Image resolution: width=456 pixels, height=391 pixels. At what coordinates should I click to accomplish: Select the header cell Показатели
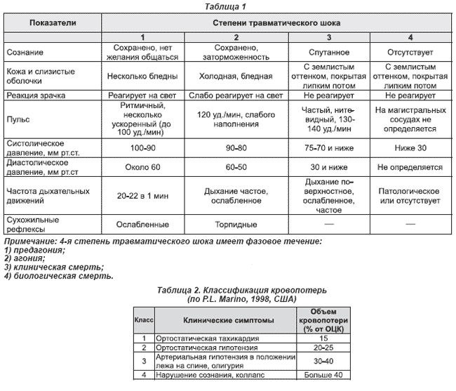point(53,23)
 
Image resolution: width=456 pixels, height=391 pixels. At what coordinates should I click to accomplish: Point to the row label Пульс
point(18,121)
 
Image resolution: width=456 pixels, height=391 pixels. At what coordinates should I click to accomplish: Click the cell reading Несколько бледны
point(142,74)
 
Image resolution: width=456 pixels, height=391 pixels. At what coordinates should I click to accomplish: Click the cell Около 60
point(142,168)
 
